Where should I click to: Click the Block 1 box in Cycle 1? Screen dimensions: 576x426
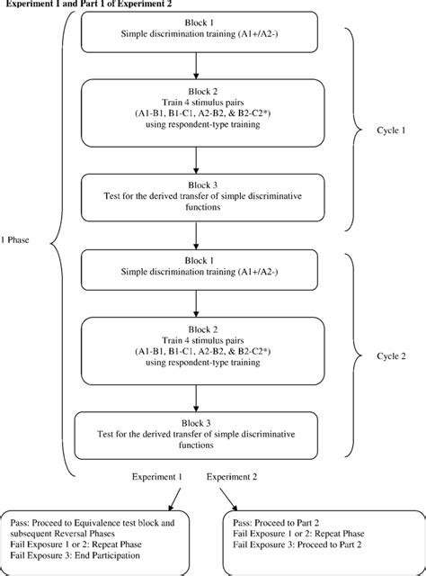coord(195,31)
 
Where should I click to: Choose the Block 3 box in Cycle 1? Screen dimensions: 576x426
coord(195,196)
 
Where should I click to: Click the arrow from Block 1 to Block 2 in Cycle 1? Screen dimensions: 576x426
coord(195,65)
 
